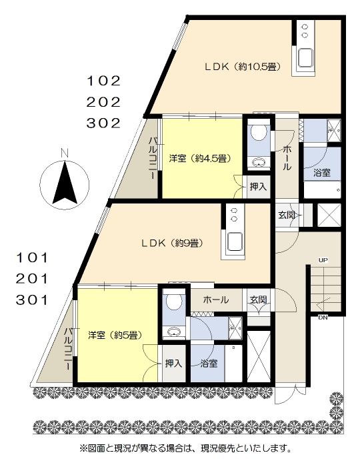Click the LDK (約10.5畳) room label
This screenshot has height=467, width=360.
coord(243,67)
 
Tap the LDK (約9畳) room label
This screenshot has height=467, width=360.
coord(172,244)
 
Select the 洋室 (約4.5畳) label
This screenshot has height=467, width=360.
coord(200,158)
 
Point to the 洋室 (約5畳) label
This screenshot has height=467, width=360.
coord(115,335)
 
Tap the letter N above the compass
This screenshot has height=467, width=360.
coord(65,153)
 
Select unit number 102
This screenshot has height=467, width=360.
coord(103,81)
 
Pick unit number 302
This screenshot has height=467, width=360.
coord(103,123)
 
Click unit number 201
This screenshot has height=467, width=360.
coord(32,279)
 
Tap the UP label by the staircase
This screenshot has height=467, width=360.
coord(323,260)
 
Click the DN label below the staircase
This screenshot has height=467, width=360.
coord(323,318)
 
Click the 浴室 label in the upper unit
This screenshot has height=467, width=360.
coord(322,172)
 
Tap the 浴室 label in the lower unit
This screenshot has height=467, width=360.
coord(209,364)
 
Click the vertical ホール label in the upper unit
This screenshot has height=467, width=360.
coord(287,158)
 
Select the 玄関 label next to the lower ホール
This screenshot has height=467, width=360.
coord(258,300)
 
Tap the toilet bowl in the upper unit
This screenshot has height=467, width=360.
coord(259,133)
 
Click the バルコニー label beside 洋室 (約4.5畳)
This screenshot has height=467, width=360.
coord(153,158)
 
